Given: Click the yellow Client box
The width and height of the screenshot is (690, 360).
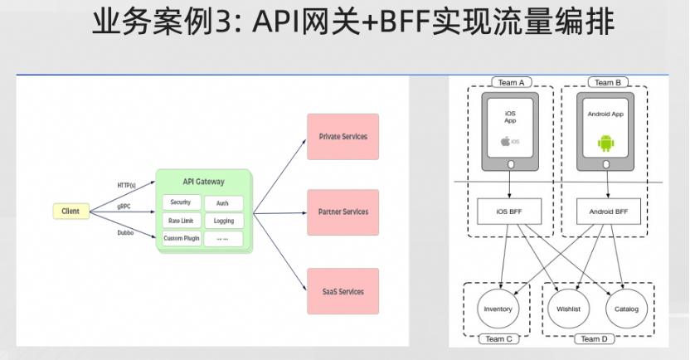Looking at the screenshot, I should (x=70, y=212).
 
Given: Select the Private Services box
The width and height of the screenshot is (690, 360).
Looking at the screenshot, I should (x=343, y=137).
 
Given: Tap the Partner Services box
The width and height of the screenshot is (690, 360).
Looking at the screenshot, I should (x=343, y=212).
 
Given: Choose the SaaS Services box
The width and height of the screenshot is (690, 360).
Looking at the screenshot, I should (x=343, y=291).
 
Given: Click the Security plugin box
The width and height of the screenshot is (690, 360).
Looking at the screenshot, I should (x=180, y=202).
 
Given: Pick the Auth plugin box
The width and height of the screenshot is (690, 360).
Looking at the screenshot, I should (x=223, y=203).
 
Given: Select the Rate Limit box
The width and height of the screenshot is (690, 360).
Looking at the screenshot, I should (x=180, y=221).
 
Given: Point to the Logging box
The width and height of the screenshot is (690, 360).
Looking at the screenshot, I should (x=223, y=221).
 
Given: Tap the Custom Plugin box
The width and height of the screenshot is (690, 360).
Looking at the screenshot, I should (x=180, y=239).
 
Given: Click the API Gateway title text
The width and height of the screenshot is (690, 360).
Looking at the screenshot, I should (x=202, y=182).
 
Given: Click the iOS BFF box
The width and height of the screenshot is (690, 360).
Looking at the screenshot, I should (x=510, y=211).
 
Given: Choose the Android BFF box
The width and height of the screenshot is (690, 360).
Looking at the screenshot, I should (x=609, y=211).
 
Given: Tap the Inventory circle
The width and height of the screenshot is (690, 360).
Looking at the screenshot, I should (x=497, y=309).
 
